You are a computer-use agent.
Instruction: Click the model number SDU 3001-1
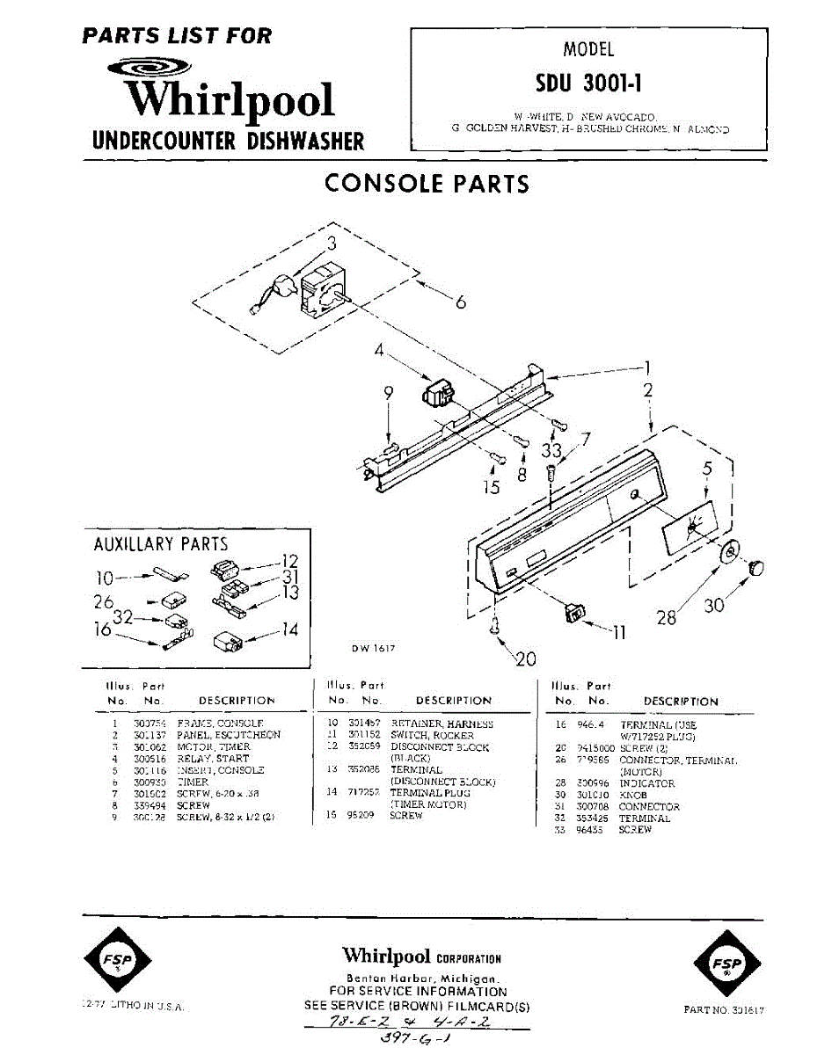click(x=589, y=83)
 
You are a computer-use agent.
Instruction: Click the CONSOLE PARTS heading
click(x=427, y=184)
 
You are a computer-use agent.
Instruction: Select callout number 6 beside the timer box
click(x=460, y=302)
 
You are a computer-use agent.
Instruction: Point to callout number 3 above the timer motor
click(x=332, y=245)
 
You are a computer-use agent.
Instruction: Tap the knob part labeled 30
click(x=756, y=567)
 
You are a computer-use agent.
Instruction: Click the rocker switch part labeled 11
click(x=573, y=610)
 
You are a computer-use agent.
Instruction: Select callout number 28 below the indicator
click(x=667, y=617)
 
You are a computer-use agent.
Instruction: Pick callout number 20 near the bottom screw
click(x=525, y=658)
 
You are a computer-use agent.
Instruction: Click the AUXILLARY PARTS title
click(x=160, y=544)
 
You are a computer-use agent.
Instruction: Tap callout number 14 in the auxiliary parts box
click(x=289, y=630)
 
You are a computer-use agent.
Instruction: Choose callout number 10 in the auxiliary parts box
click(x=105, y=578)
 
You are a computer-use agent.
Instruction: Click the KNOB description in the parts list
click(x=633, y=795)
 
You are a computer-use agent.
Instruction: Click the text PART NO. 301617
click(x=724, y=1010)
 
